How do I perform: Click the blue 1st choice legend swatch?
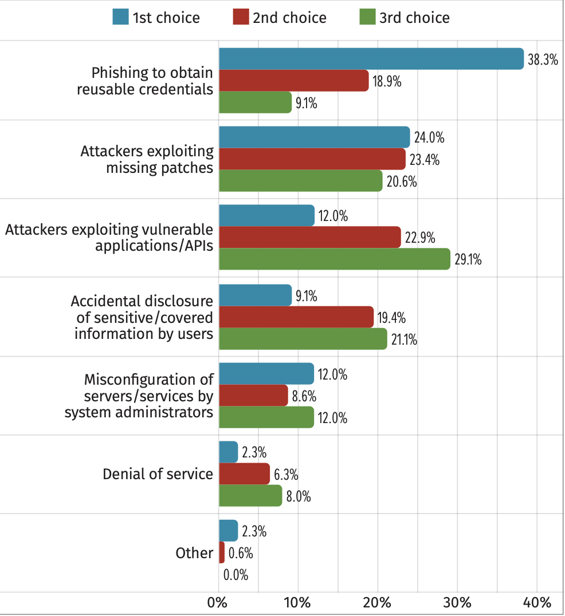121,17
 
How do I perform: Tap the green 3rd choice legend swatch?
366,17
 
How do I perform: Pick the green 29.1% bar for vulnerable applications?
335,259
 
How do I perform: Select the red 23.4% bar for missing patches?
312,159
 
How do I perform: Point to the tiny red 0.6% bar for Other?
222,552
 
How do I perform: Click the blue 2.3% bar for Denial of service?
228,452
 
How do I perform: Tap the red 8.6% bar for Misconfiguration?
253,396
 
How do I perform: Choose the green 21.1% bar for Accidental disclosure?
303,338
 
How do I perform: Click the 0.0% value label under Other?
236,575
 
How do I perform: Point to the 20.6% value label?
400,182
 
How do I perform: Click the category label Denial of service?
158,474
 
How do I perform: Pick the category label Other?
194,553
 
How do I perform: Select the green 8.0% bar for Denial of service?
250,496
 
